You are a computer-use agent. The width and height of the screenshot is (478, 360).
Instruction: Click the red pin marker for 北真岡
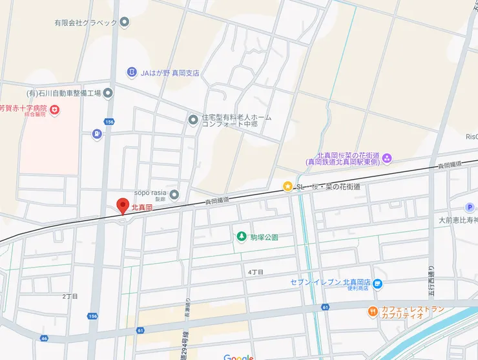(x=121, y=206)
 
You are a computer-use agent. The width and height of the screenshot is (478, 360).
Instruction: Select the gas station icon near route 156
(x=97, y=134)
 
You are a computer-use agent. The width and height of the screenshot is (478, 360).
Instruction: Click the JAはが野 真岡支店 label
(x=170, y=72)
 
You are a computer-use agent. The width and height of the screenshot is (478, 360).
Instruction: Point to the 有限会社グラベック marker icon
(x=125, y=22)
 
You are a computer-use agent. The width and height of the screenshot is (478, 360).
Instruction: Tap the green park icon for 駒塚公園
(x=242, y=237)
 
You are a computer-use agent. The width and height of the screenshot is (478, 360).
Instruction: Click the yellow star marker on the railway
(x=287, y=186)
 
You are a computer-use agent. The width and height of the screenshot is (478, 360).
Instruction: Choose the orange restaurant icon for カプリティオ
(x=373, y=312)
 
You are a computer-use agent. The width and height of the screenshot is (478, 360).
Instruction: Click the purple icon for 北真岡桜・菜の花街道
(x=387, y=158)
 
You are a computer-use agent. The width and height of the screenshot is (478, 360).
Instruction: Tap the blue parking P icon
(x=470, y=207)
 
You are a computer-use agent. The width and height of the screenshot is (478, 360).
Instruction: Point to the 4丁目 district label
(x=256, y=272)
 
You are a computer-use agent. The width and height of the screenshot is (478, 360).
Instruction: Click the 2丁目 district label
(x=70, y=296)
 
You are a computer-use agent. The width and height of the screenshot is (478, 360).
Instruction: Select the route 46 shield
(x=44, y=337)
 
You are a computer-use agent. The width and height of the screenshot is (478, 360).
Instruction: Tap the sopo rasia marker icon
(x=174, y=194)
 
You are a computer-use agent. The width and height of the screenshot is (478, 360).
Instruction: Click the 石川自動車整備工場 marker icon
(x=108, y=93)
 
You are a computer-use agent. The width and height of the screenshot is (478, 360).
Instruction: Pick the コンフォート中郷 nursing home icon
(x=193, y=119)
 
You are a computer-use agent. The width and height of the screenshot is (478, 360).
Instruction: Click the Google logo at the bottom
(x=238, y=357)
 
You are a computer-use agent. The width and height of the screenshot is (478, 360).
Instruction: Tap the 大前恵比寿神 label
(x=458, y=220)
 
